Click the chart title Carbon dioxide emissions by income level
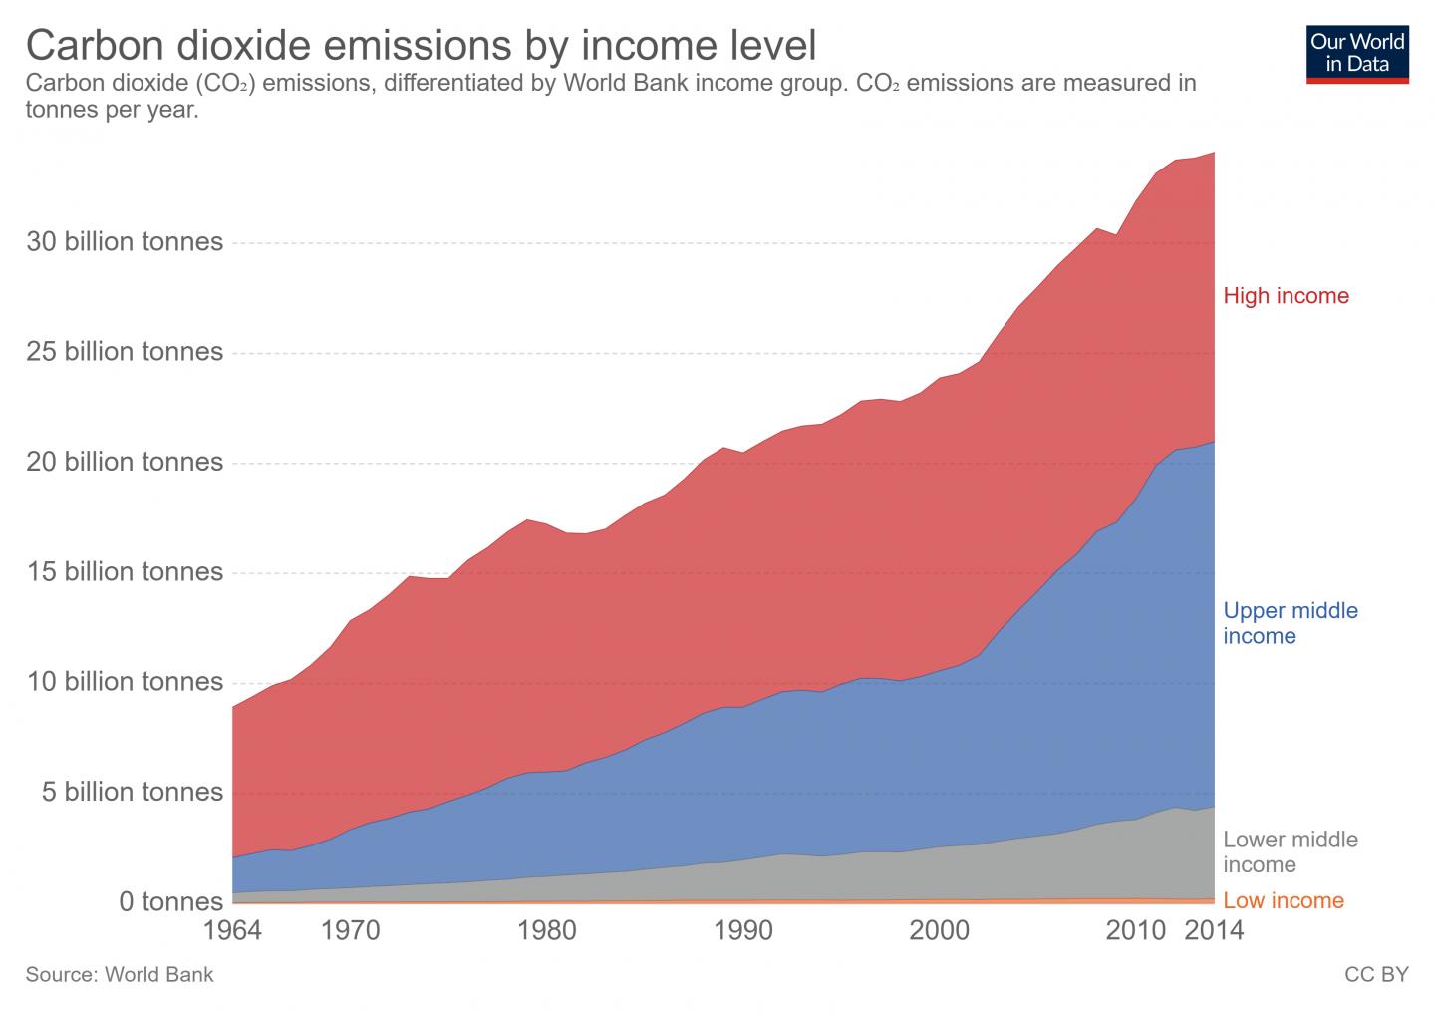pos(420,45)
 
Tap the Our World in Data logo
pos(1357,53)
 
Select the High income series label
pos(1286,296)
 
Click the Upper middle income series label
pos(1290,623)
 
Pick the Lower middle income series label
pos(1290,851)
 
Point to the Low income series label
pos(1283,901)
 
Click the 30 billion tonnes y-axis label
pos(124,242)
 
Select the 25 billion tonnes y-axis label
pos(124,352)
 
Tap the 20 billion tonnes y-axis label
pos(124,462)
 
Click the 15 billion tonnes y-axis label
pos(124,572)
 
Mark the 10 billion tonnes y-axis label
pos(124,682)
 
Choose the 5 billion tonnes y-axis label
pos(132,792)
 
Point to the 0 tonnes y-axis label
pos(170,902)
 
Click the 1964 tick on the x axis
pos(231,931)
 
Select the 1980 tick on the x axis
pos(546,931)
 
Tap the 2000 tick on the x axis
pos(940,931)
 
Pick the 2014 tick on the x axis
pos(1214,931)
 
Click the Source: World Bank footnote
pos(120,975)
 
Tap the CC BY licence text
pos(1376,975)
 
